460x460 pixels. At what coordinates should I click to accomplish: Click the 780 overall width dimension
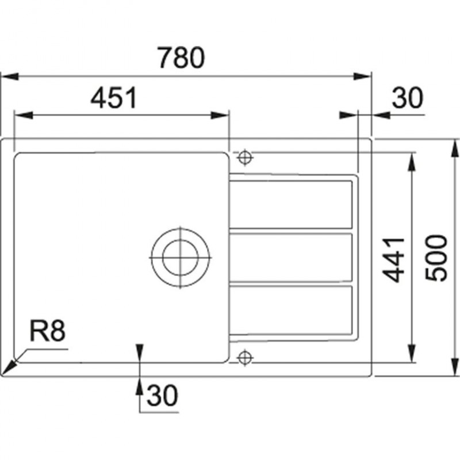(x=181, y=57)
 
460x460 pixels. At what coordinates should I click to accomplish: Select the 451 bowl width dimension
(x=114, y=97)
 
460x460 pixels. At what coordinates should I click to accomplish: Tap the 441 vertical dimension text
(x=394, y=260)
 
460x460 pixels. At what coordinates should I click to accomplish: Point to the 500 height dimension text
(x=436, y=258)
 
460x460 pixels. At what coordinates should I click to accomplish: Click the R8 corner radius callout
(x=48, y=331)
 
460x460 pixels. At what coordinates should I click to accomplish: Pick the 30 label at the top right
(x=408, y=98)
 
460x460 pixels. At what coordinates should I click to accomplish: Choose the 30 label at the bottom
(x=162, y=395)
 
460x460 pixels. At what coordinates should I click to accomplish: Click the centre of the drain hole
(x=180, y=258)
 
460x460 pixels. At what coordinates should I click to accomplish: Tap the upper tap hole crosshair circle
(x=245, y=158)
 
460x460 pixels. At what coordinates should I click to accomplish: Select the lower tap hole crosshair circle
(x=245, y=358)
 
